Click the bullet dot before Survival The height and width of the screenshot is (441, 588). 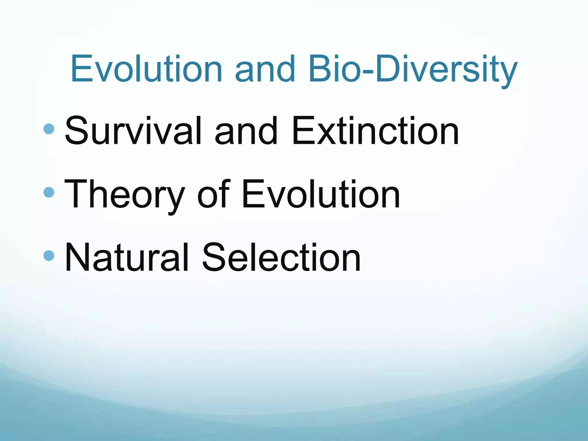[49, 129]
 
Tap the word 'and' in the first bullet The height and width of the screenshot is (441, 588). [246, 131]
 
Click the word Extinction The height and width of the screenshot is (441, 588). [375, 131]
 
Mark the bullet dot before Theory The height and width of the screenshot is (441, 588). [49, 192]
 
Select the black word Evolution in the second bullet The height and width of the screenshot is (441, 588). [321, 194]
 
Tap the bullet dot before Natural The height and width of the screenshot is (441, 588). [49, 255]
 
